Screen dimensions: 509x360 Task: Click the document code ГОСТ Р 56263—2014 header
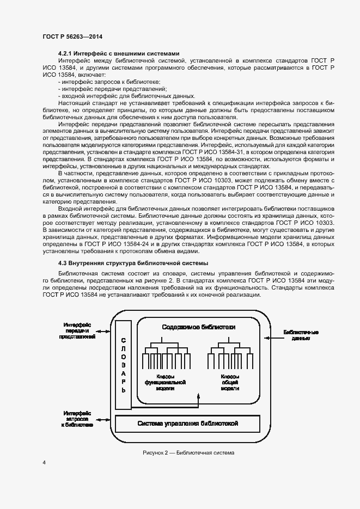(72, 36)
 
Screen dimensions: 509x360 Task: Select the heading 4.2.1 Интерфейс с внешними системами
(118, 53)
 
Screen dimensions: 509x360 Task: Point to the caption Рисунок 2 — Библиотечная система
(188, 452)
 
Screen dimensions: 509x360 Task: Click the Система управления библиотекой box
(188, 423)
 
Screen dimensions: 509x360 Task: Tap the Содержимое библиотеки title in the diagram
(199, 327)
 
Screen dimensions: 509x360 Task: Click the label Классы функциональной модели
(165, 383)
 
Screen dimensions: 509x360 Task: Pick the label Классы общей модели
(229, 383)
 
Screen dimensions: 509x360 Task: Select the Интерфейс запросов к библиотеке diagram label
(77, 419)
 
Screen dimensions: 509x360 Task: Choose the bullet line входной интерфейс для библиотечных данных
(126, 95)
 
